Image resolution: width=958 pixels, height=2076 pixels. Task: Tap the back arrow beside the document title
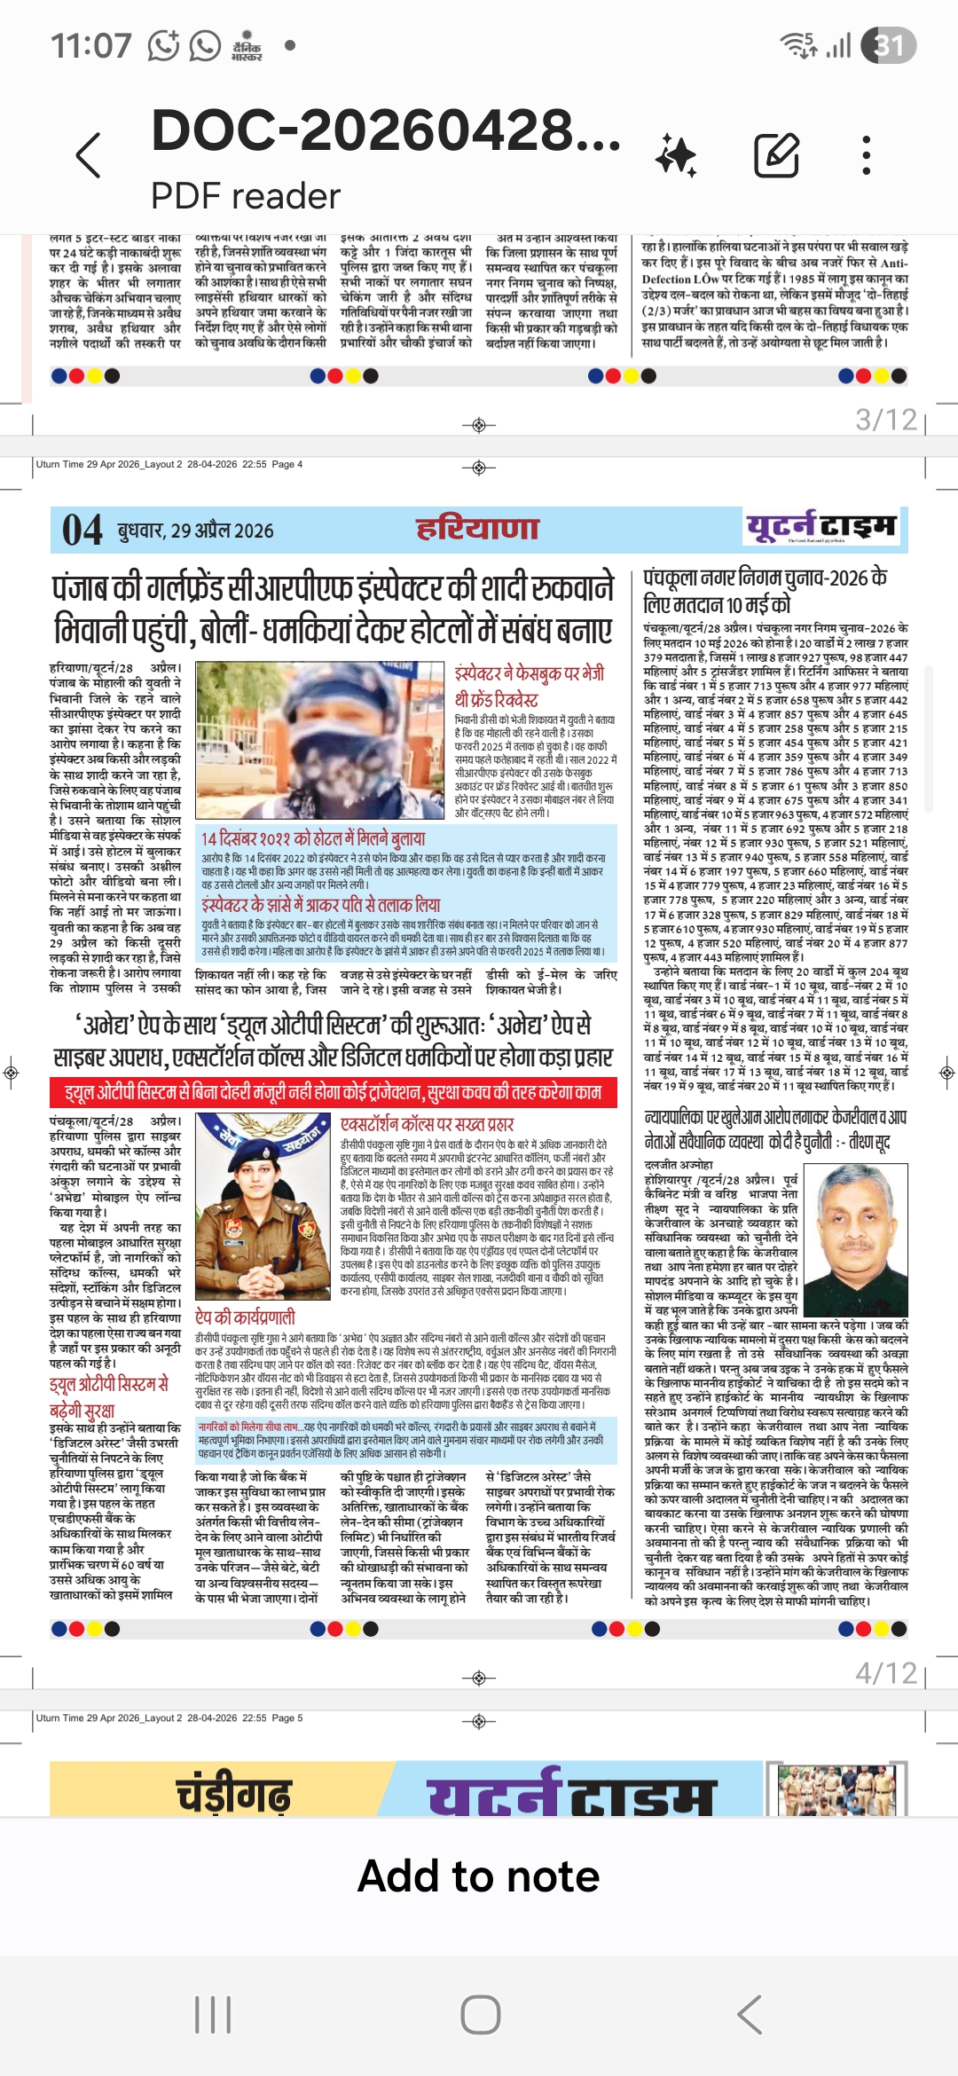89,156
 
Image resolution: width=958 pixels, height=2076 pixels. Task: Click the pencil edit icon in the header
776,156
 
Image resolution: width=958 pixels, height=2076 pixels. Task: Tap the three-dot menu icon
866,156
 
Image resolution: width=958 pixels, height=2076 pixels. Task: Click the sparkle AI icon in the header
676,156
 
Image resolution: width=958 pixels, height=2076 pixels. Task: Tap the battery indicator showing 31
889,45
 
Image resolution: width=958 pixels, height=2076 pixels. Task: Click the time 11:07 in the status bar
90,45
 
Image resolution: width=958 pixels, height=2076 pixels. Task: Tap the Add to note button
479,1877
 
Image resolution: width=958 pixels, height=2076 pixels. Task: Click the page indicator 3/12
885,420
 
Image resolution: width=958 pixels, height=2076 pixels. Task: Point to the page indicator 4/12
885,1673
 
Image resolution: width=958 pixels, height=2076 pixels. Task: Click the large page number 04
82,531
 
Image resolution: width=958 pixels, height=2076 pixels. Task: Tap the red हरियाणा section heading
478,529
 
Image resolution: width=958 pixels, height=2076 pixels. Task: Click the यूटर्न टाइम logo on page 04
821,527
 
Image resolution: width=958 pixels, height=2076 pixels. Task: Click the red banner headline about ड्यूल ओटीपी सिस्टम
334,1092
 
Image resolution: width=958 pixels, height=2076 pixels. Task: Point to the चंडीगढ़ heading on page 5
234,1794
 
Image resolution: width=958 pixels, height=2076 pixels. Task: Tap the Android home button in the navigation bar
480,2015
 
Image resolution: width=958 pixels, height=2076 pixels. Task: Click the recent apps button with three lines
213,2015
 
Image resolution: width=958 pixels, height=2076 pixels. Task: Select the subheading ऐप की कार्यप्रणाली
245,1317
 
